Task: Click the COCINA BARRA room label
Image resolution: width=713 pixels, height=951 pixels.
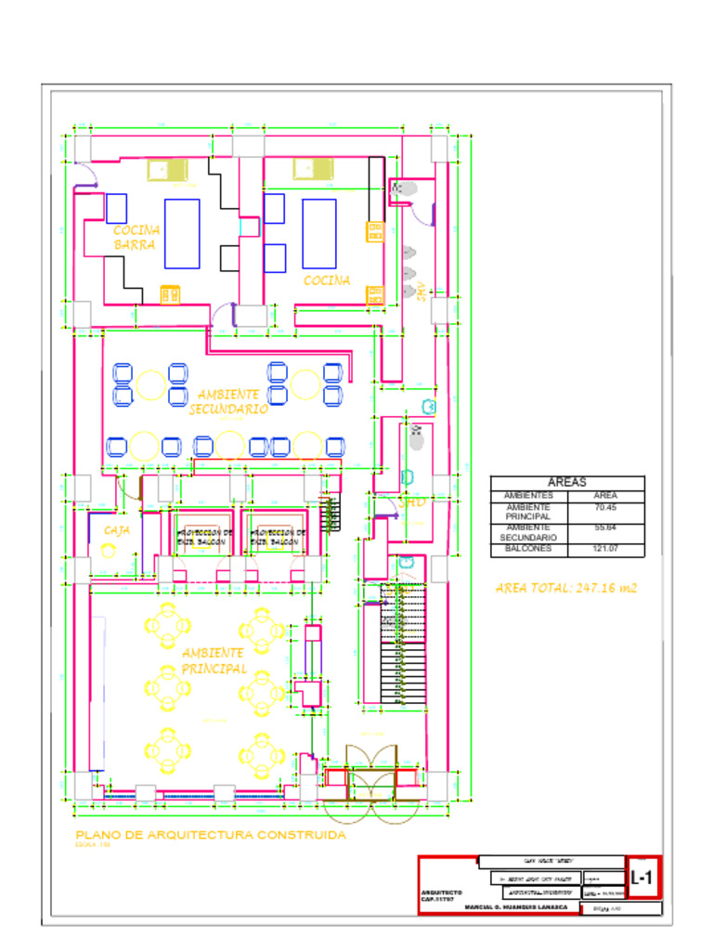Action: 136,237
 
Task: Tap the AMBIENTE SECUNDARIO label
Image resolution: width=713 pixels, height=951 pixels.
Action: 228,401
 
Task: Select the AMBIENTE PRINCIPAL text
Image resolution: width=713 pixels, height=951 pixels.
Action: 214,660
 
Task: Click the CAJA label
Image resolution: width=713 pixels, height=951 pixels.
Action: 117,529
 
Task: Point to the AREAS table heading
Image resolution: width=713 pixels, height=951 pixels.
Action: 566,483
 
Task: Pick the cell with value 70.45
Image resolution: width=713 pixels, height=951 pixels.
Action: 605,508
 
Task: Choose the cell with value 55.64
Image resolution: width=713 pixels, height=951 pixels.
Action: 605,528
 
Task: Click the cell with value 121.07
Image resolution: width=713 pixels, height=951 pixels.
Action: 605,549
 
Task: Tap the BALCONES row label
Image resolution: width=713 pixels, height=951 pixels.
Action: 528,549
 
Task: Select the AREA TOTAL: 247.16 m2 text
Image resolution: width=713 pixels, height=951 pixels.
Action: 566,588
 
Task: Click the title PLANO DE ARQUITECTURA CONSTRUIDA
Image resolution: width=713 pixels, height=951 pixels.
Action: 211,835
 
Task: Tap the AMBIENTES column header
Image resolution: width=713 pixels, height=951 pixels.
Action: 528,496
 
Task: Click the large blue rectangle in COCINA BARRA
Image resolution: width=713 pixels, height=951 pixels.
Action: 182,233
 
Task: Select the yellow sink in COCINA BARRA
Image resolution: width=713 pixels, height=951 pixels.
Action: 167,170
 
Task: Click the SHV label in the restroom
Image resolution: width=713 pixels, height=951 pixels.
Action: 421,291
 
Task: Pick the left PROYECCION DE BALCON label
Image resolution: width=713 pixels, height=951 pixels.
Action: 204,537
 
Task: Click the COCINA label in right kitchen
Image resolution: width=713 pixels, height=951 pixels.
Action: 327,280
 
